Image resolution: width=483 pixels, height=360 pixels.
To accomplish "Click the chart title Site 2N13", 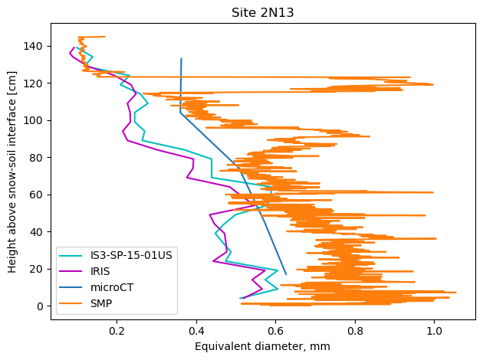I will (x=264, y=13).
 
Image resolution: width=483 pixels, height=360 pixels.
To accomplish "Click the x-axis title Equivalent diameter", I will (x=262, y=346).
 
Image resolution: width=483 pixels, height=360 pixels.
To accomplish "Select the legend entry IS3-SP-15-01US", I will (x=129, y=255).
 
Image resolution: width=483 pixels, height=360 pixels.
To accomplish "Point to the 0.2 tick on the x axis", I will (x=117, y=331).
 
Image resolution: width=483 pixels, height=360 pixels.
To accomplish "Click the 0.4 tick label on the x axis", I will (x=195, y=331).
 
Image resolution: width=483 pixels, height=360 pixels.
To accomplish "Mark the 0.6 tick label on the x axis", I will (x=275, y=331).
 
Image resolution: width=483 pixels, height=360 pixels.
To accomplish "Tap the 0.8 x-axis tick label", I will (x=354, y=331).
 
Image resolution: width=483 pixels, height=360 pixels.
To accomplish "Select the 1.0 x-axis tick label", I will (x=434, y=331).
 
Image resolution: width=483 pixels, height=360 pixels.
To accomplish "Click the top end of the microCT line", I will (x=181, y=59).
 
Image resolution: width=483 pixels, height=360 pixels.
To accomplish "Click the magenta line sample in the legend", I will (x=74, y=272).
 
